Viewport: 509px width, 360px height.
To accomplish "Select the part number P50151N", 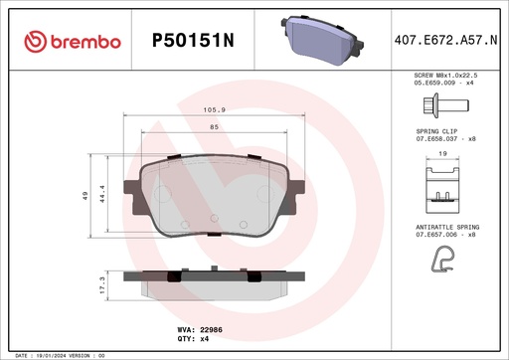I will [193, 41].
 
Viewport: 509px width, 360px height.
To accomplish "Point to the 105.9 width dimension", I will [211, 109].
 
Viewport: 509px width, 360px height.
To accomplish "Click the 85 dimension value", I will [211, 126].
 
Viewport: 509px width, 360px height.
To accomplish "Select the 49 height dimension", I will [86, 195].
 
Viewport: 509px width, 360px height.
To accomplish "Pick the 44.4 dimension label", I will [102, 195].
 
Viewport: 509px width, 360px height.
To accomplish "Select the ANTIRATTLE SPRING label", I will [445, 227].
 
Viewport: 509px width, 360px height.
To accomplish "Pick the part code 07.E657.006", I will [438, 235].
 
